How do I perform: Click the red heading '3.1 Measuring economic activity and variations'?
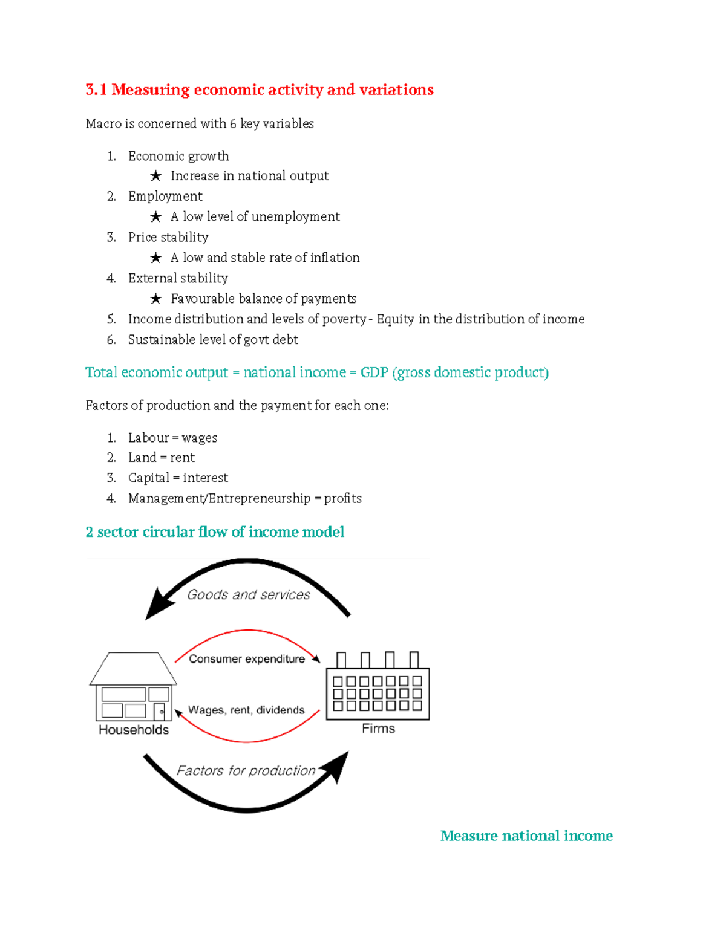click(x=260, y=90)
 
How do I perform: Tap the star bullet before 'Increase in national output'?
click(x=155, y=176)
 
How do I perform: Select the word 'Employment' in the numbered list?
click(x=165, y=197)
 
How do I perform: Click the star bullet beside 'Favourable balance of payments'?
click(x=155, y=299)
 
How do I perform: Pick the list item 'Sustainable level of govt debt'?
click(x=213, y=340)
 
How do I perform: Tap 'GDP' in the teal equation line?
click(x=374, y=372)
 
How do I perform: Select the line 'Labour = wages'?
click(x=172, y=438)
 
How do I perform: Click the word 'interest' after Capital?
click(x=205, y=478)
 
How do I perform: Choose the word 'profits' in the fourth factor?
click(x=342, y=499)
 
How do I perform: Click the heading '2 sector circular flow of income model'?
click(x=215, y=532)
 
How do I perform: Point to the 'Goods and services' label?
click(x=248, y=595)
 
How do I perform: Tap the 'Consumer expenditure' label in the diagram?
click(x=247, y=659)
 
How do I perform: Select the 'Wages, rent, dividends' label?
click(x=246, y=710)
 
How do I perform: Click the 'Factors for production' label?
click(x=246, y=771)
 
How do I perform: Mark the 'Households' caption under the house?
click(x=134, y=730)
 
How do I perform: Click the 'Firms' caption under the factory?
click(x=378, y=729)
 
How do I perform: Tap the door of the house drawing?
click(x=159, y=711)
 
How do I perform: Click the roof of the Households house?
click(x=133, y=669)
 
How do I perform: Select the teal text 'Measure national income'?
click(x=526, y=836)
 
